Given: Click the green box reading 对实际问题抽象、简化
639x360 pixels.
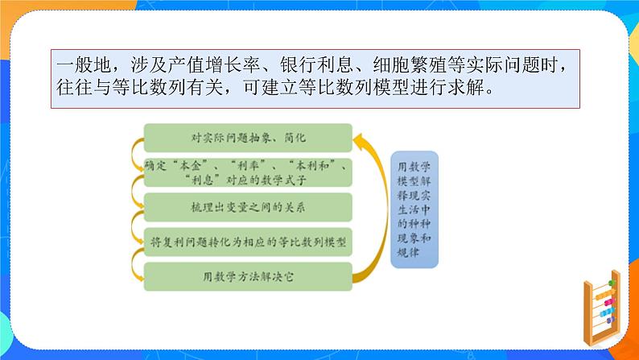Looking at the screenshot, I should tap(247, 138).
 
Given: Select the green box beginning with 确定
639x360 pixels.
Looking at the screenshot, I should tap(247, 172).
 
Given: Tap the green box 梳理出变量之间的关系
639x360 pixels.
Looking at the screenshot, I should tap(247, 207).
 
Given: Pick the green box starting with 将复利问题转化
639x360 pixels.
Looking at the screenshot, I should tap(247, 242).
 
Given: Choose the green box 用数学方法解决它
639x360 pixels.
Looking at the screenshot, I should tap(247, 276).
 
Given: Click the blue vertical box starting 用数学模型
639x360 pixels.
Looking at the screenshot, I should tap(414, 209).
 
